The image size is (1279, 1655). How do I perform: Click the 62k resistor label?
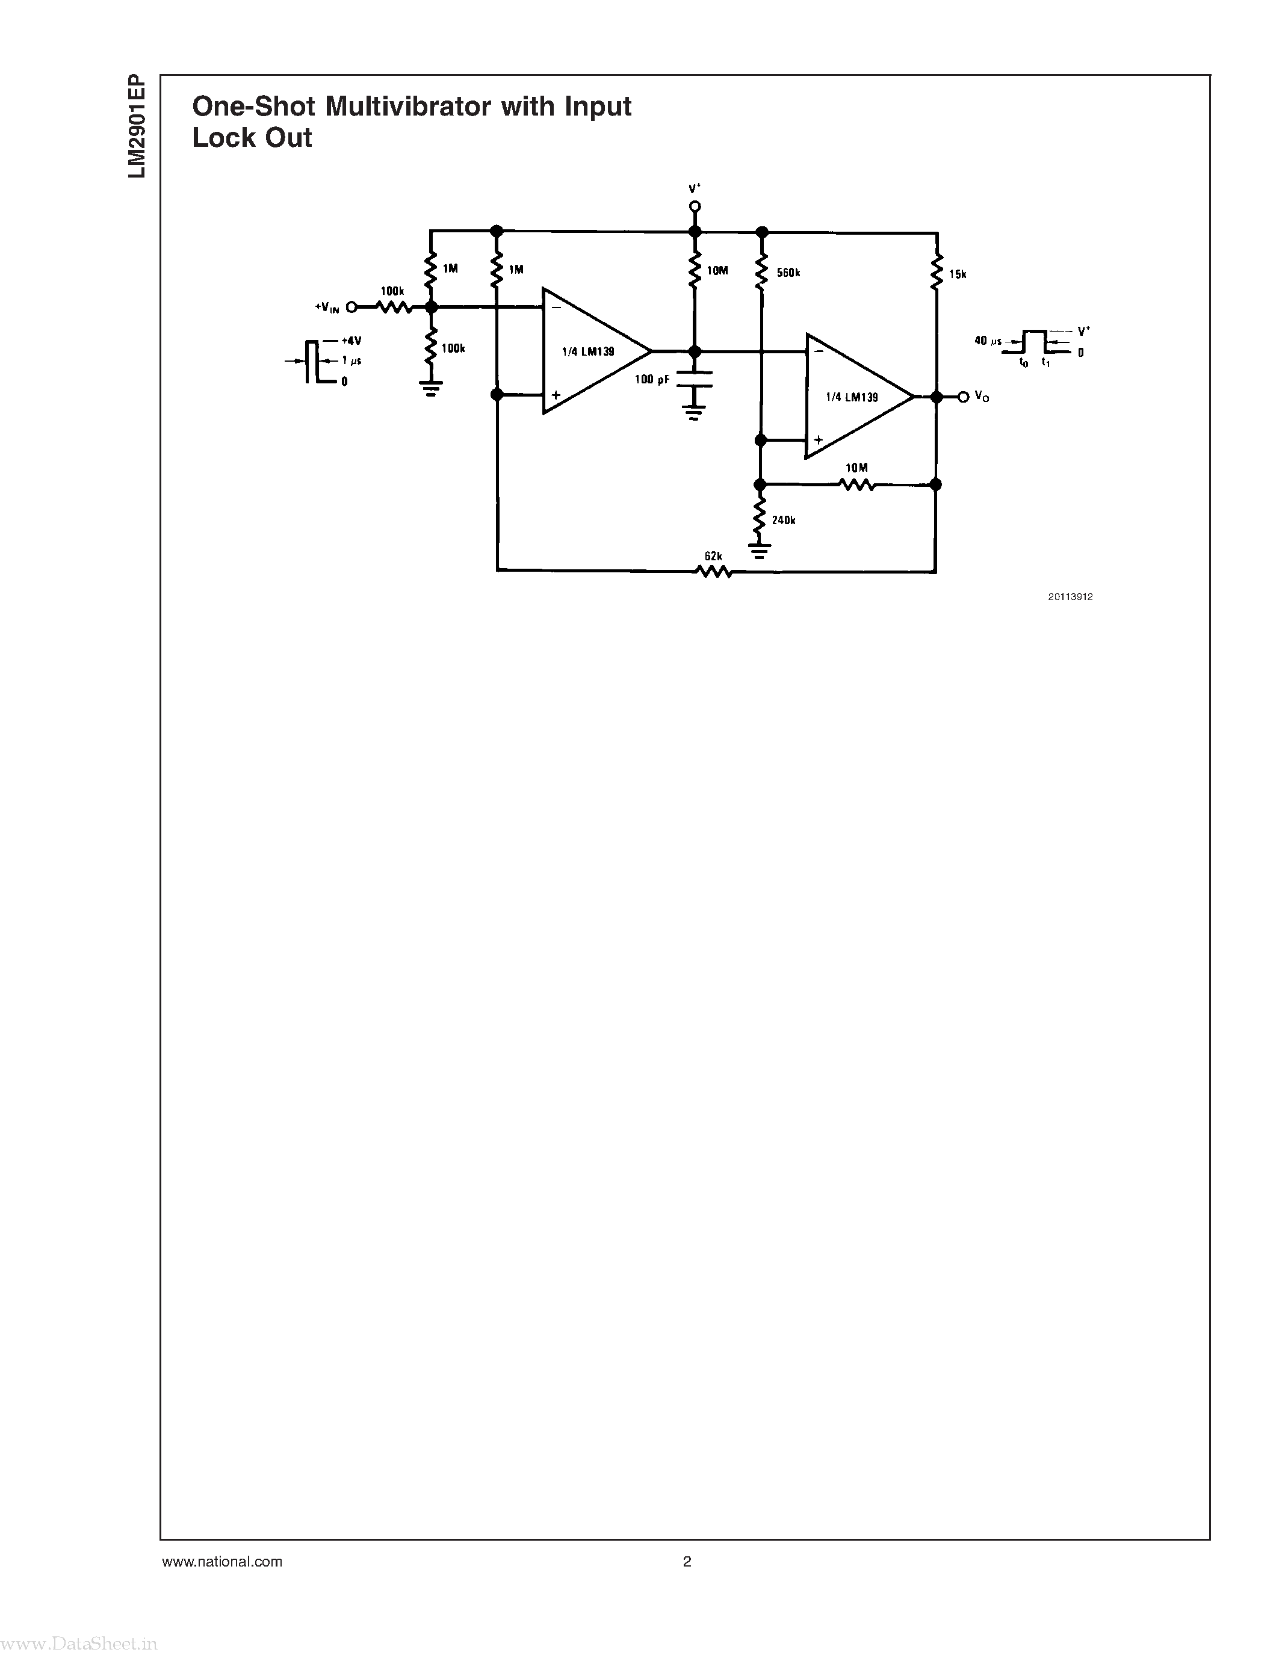pyautogui.click(x=713, y=556)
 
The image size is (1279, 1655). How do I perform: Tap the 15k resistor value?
pyautogui.click(x=958, y=274)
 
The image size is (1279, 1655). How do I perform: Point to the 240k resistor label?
pyautogui.click(x=784, y=521)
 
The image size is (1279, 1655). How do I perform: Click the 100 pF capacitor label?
pyautogui.click(x=652, y=379)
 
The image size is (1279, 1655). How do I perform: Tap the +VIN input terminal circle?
pyautogui.click(x=351, y=307)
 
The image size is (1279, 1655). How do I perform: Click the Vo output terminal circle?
pyautogui.click(x=963, y=397)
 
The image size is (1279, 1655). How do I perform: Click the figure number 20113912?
pyautogui.click(x=1070, y=596)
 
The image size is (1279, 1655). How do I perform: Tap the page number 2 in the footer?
pyautogui.click(x=687, y=1561)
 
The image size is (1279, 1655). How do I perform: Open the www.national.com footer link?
pyautogui.click(x=222, y=1561)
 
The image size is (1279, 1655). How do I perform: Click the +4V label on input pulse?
pyautogui.click(x=351, y=341)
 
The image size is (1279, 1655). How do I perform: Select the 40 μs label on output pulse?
pyautogui.click(x=986, y=341)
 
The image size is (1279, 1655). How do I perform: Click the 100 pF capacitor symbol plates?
pyautogui.click(x=694, y=379)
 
